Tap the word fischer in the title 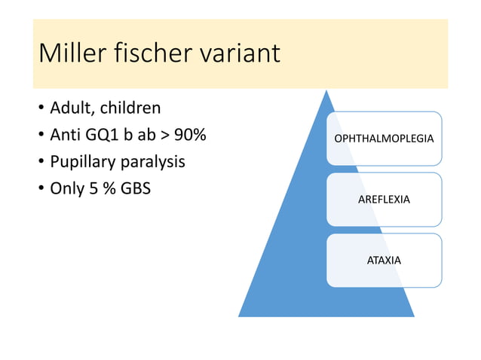click(x=150, y=53)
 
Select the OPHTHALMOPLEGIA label click(x=384, y=139)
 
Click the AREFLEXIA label click(x=384, y=200)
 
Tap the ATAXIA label click(x=384, y=260)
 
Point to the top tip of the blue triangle click(x=326, y=90)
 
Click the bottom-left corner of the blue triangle click(x=240, y=316)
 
